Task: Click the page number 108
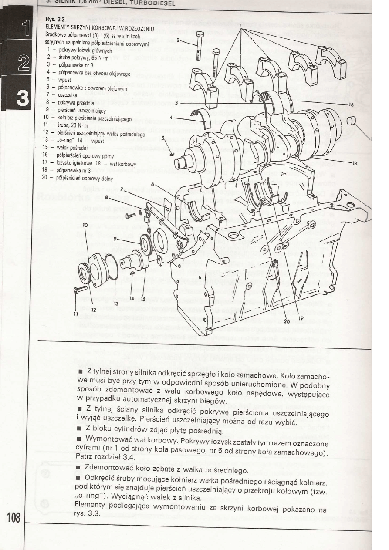(x=14, y=517)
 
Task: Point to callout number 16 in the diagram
(x=351, y=105)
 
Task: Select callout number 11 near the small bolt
(x=75, y=314)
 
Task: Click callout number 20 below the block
(x=286, y=321)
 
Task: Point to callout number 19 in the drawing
(x=301, y=318)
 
